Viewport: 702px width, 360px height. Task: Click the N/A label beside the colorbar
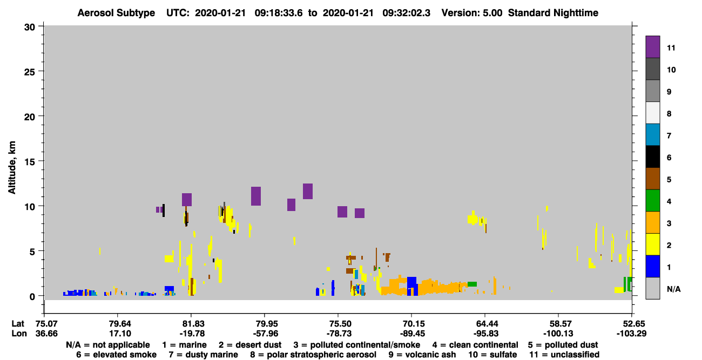click(x=673, y=289)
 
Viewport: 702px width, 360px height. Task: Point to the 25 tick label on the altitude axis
click(x=29, y=72)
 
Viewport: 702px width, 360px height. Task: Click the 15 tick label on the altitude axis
click(x=29, y=162)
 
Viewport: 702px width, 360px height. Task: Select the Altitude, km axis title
click(x=11, y=168)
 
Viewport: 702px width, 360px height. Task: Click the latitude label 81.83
click(x=193, y=324)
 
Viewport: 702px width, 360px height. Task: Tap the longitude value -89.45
click(x=413, y=334)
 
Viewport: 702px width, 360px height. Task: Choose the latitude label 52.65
click(x=631, y=324)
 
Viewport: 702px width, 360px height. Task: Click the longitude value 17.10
click(x=120, y=334)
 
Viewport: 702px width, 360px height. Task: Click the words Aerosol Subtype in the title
click(x=116, y=13)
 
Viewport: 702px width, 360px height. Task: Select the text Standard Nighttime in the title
click(x=553, y=13)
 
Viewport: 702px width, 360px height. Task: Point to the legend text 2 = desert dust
click(x=250, y=345)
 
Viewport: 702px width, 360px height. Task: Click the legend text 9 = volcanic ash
click(x=422, y=355)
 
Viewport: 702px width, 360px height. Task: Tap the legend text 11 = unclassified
click(x=564, y=355)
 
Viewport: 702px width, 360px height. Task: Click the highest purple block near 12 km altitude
click(x=308, y=191)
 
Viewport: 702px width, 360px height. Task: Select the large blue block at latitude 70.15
click(x=412, y=286)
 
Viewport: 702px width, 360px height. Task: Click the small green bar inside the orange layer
click(x=472, y=284)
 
